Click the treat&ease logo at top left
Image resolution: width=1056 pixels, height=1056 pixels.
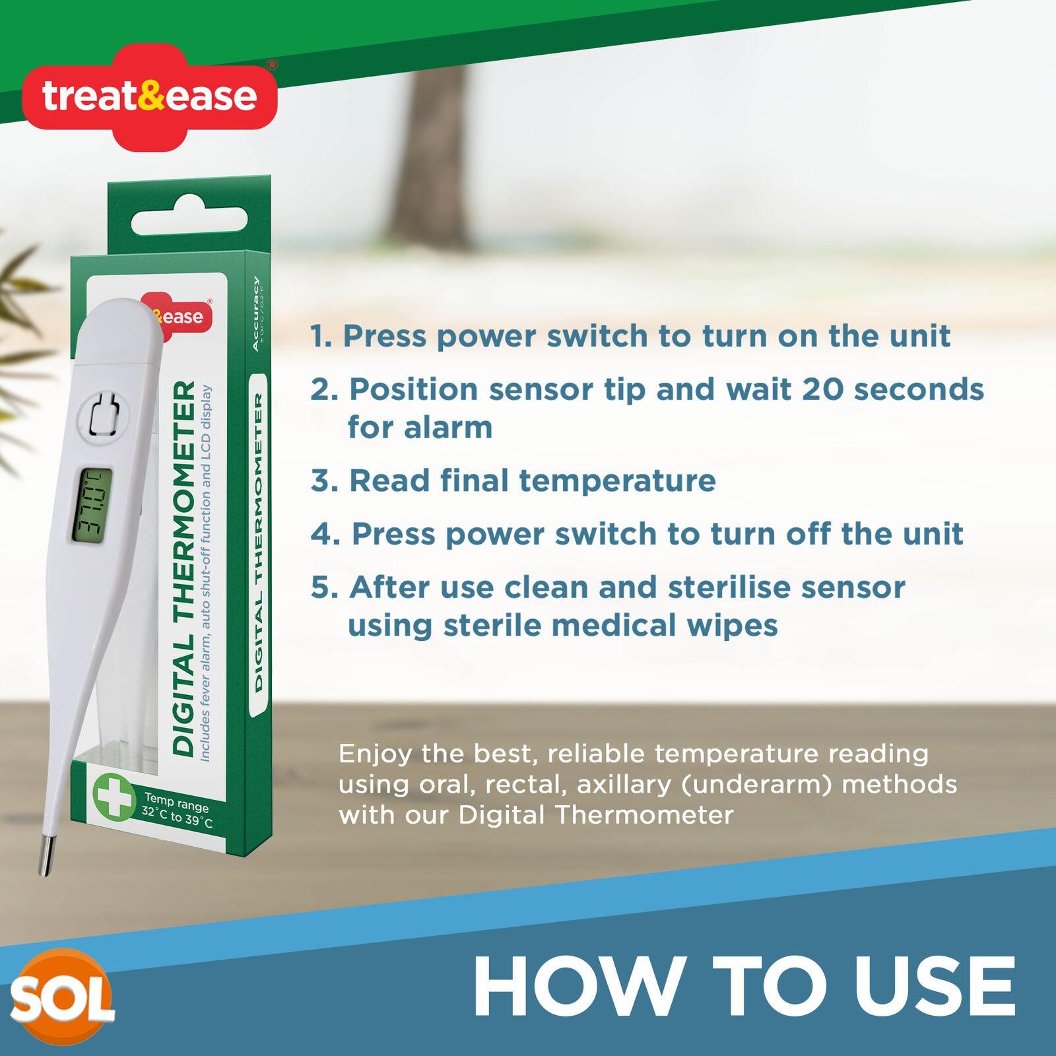149,96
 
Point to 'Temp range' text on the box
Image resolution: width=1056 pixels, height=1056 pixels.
176,804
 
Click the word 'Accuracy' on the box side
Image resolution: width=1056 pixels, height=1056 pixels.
257,313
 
